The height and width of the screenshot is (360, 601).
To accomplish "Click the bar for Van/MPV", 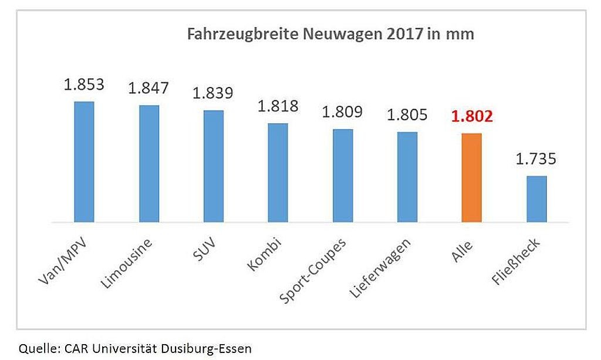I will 85,162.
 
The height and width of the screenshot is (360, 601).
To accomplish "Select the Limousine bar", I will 149,164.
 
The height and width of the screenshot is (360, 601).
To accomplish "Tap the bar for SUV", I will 214,166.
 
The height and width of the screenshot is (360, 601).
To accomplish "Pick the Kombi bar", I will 278,173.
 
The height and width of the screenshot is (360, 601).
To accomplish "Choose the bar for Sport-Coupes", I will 343,176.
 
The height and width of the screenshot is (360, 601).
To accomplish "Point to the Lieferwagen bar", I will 407,177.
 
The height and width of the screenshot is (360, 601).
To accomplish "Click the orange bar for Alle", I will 472,178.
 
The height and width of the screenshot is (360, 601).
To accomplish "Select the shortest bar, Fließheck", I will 536,199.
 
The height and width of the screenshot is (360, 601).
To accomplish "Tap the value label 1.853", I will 85,84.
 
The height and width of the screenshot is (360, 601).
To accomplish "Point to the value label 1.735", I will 536,159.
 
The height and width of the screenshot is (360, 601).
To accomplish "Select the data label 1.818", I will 278,106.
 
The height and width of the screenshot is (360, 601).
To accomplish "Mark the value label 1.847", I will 149,88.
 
